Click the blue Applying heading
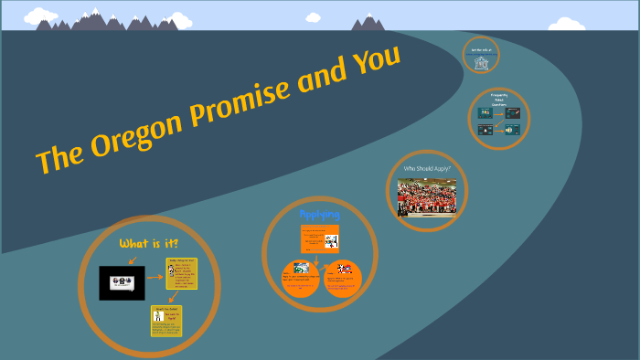(320, 213)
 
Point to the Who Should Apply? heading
(427, 169)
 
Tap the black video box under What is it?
(122, 282)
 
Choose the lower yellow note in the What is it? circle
(167, 321)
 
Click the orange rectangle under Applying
(320, 240)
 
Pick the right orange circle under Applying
(344, 278)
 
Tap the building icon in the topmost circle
(482, 58)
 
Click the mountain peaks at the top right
(369, 23)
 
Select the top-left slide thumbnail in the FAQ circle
(485, 114)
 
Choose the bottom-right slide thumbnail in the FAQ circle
(513, 130)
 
